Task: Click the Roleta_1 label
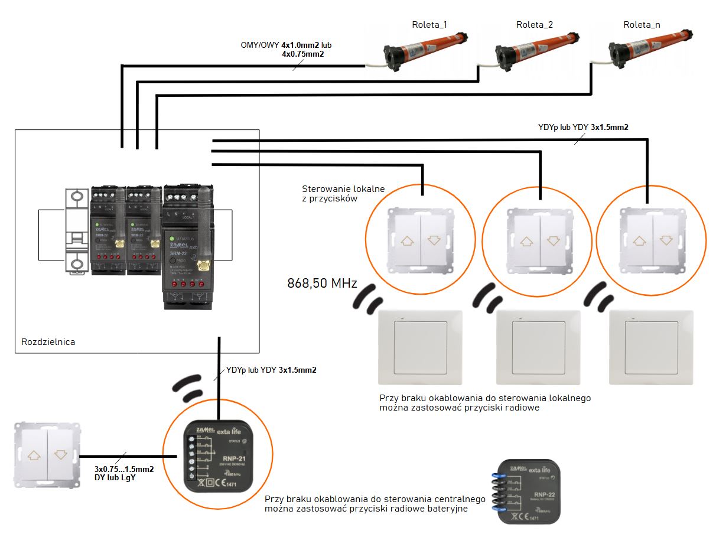(429, 25)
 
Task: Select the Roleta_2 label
(534, 25)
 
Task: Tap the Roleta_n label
(642, 25)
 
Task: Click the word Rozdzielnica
(48, 342)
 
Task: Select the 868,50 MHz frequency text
(322, 284)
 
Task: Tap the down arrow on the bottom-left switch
(60, 455)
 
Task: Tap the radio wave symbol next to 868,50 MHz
(369, 297)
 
